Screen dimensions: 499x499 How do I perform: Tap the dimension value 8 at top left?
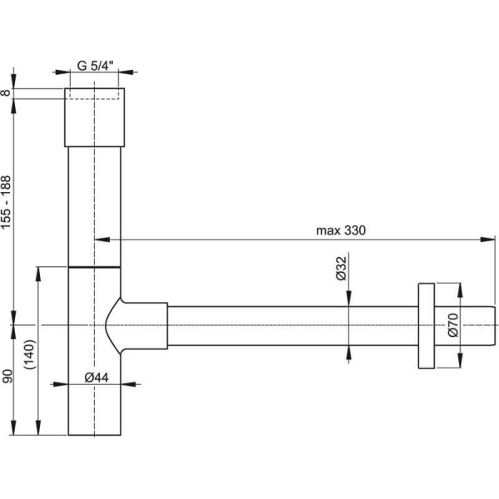(7, 94)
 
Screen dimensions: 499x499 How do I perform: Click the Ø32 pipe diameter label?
(340, 269)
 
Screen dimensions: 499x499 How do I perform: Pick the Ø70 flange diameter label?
(453, 324)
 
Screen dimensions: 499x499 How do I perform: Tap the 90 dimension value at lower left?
(7, 379)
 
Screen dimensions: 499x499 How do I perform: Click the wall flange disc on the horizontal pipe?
(426, 324)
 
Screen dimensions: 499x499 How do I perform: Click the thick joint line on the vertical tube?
(95, 267)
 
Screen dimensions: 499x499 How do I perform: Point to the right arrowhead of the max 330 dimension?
(492, 240)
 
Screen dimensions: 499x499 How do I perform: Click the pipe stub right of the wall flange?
(466, 324)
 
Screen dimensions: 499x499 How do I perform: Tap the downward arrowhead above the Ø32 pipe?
(348, 301)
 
